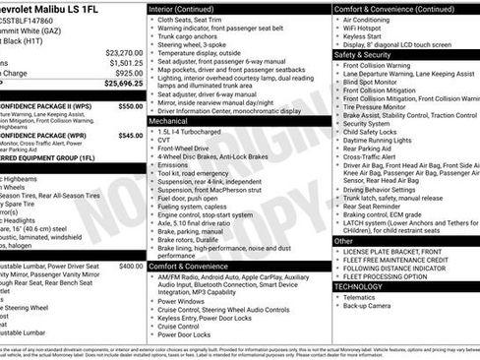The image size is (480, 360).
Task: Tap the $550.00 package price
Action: (x=130, y=106)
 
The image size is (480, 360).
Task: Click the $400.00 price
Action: (x=131, y=266)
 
